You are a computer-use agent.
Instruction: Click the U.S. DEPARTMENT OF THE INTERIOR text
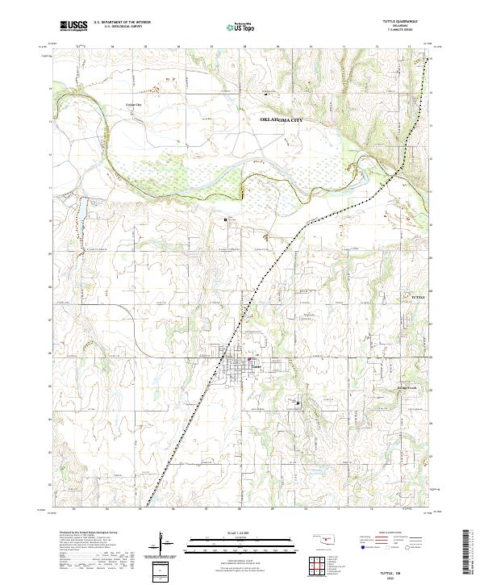click(x=122, y=23)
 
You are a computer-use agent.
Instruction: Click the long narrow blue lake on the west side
click(x=81, y=209)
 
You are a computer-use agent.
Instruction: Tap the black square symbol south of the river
click(x=226, y=219)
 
